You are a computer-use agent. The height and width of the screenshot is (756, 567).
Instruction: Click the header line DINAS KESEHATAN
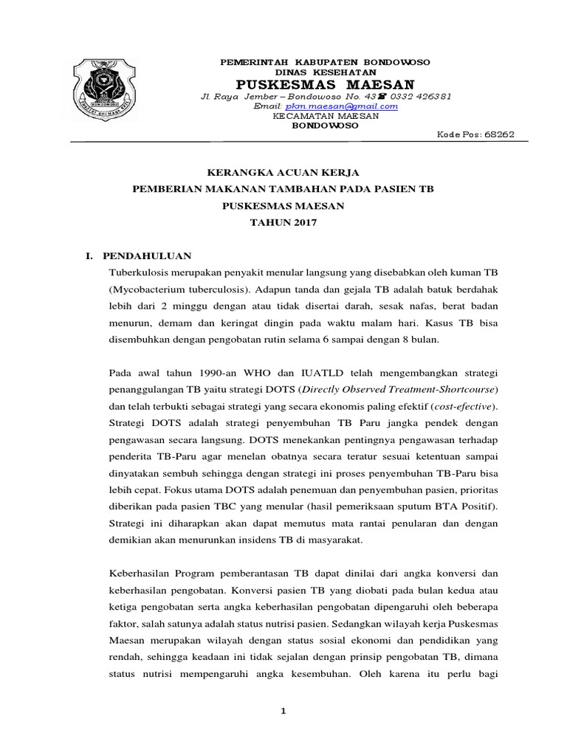326,72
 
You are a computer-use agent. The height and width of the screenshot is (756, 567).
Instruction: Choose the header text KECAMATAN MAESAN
326,116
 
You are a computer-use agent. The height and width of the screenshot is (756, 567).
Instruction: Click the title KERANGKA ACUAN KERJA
283,173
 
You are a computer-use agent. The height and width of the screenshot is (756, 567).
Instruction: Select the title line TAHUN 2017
283,221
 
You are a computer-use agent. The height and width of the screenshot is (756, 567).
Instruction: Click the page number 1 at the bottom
283,710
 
